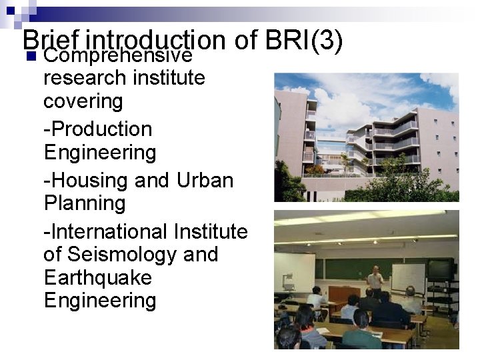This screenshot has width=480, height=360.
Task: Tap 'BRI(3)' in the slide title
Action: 303,41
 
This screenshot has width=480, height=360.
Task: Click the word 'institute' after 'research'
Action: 169,78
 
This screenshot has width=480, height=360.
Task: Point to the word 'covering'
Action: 83,101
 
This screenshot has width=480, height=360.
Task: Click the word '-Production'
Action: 98,129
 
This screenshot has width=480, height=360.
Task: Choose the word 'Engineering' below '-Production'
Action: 99,152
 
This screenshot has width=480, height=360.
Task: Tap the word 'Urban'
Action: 205,180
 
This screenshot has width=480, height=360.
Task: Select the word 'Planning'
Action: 85,203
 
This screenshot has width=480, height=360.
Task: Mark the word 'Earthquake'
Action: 97,277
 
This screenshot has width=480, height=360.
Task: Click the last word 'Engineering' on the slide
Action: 99,300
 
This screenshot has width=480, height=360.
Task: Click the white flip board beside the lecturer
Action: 407,277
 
